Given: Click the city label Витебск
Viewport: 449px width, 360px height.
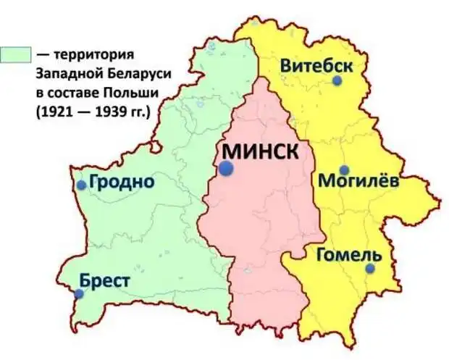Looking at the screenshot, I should click(x=316, y=65).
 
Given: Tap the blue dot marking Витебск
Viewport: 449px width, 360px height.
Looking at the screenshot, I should click(x=337, y=81).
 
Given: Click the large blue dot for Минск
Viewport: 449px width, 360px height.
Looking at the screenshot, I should click(x=227, y=168).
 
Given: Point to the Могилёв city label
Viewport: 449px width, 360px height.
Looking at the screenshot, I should click(x=358, y=181).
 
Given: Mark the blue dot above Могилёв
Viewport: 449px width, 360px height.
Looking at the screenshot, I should click(x=345, y=169).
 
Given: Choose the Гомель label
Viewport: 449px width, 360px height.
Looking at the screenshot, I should click(x=348, y=255).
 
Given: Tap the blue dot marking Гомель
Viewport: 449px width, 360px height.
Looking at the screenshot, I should click(x=370, y=269).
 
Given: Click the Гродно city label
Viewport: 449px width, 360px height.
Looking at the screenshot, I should click(x=122, y=182).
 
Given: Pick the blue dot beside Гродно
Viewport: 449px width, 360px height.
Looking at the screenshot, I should click(x=82, y=185).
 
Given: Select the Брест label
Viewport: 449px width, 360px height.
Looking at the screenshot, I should click(x=105, y=281).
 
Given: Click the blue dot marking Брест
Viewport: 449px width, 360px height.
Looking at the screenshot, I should click(x=79, y=294).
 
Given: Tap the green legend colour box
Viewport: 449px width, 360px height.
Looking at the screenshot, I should click(x=16, y=54).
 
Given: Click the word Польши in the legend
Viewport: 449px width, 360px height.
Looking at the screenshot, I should click(x=133, y=93).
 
